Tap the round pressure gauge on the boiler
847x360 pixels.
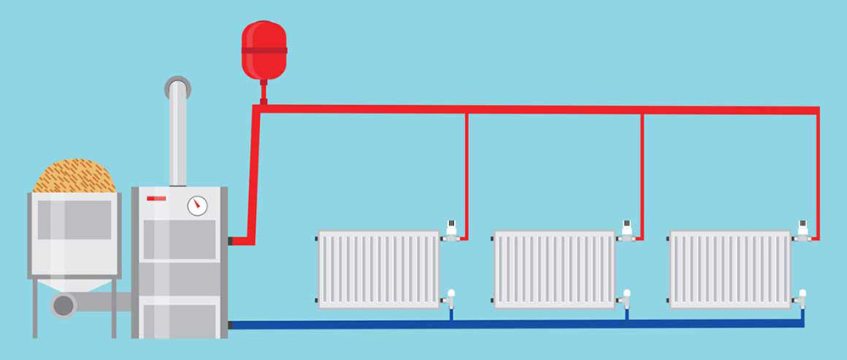[x=197, y=205]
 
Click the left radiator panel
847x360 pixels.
[x=378, y=269]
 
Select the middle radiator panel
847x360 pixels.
[x=554, y=269]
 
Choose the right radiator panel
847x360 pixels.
[x=730, y=269]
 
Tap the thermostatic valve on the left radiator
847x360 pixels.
[x=451, y=229]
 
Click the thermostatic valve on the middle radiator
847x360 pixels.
[x=628, y=229]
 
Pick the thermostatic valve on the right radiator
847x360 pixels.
[x=803, y=229]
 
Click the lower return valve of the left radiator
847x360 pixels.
[x=451, y=296]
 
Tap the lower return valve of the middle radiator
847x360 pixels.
[x=627, y=296]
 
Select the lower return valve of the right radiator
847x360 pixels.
[x=802, y=296]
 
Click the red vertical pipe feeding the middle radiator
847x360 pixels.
[x=642, y=169]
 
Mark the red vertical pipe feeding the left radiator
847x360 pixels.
[x=466, y=169]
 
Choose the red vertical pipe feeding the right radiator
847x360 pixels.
[x=817, y=169]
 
